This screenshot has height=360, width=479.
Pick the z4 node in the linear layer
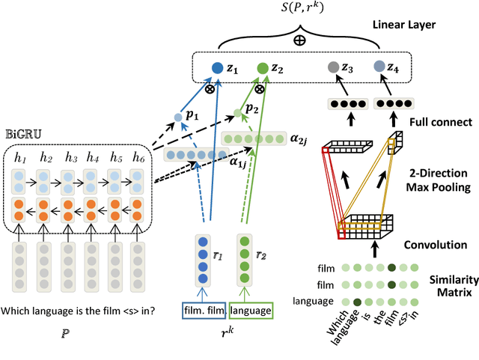(x=378, y=67)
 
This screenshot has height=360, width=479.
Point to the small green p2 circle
(x=237, y=114)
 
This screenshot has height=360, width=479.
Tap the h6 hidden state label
(x=138, y=157)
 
